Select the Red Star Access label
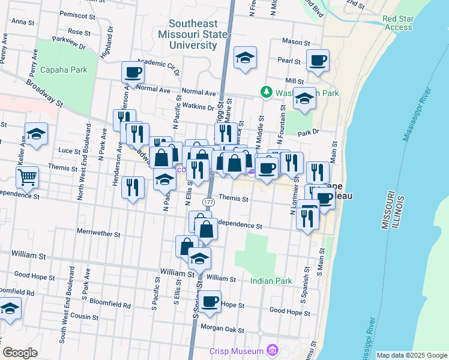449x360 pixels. (x=397, y=23)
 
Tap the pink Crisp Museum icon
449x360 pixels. (x=273, y=350)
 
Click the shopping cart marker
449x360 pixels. (x=27, y=177)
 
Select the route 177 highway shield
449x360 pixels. (x=208, y=202)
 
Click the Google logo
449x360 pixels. (x=20, y=352)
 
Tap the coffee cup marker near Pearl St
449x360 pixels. (x=318, y=60)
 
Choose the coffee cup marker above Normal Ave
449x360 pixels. (x=133, y=72)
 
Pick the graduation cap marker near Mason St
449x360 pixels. (x=245, y=58)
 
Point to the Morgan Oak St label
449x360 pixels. (x=223, y=330)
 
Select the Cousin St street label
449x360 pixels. (x=84, y=316)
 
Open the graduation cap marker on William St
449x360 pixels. (x=199, y=259)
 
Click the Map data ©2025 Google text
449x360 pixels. (x=411, y=355)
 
